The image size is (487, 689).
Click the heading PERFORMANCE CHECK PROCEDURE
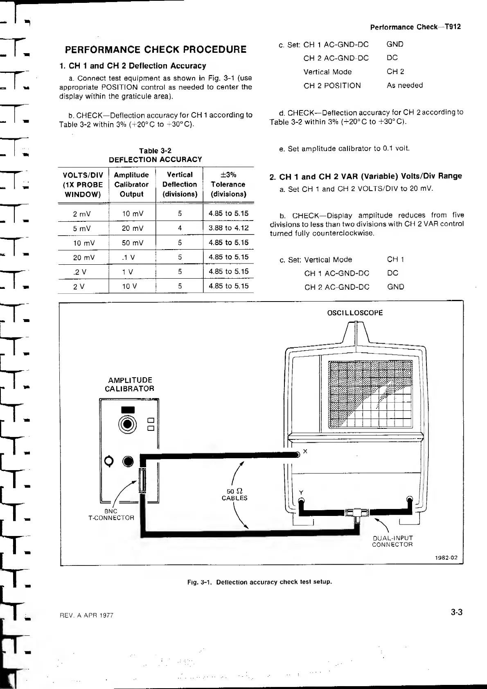pyautogui.click(x=156, y=50)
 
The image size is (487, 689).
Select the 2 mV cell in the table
pyautogui.click(x=82, y=214)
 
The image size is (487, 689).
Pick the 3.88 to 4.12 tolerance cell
pyautogui.click(x=228, y=228)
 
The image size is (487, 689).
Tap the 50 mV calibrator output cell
pyautogui.click(x=133, y=243)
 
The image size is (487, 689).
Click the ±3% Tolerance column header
pyautogui.click(x=228, y=184)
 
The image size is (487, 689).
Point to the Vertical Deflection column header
pyautogui.click(x=180, y=184)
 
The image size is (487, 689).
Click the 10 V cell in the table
pyautogui.click(x=129, y=286)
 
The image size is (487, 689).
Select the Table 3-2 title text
pyautogui.click(x=155, y=151)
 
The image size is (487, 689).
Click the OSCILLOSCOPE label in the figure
pyautogui.click(x=355, y=313)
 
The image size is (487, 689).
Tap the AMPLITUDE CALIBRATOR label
pyautogui.click(x=130, y=384)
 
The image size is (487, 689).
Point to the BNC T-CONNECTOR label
pyautogui.click(x=111, y=514)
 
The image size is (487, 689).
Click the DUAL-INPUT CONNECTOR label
pyautogui.click(x=392, y=541)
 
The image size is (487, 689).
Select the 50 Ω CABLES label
pyautogui.click(x=234, y=494)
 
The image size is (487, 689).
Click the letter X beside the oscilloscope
pyautogui.click(x=305, y=452)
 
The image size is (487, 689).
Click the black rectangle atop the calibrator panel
pyautogui.click(x=128, y=410)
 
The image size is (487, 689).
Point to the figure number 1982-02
pyautogui.click(x=447, y=558)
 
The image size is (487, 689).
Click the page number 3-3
pyautogui.click(x=456, y=612)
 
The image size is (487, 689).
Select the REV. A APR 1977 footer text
pyautogui.click(x=87, y=615)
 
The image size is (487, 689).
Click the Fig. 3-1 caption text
pyautogui.click(x=259, y=582)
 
